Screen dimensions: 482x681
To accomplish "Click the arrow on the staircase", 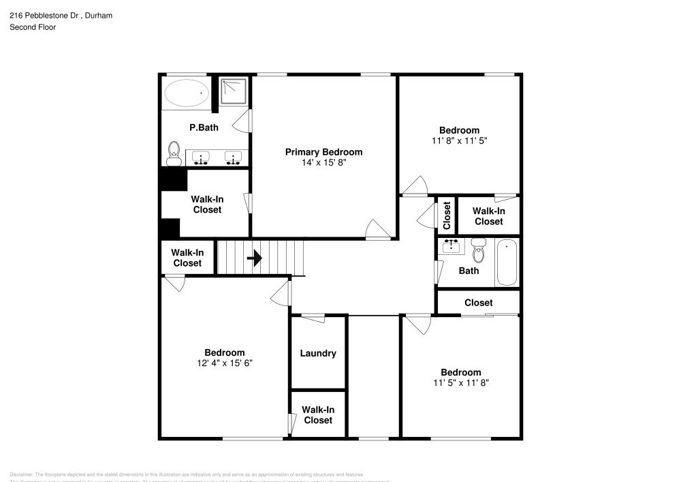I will [x=254, y=258].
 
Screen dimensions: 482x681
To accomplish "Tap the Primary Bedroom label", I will [x=323, y=152].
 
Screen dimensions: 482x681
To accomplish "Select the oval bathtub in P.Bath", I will [x=187, y=93].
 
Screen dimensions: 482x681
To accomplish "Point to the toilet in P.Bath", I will [x=174, y=152].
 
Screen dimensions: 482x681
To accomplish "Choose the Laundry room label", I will [x=318, y=353].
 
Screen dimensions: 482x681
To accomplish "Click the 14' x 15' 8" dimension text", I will [x=323, y=163].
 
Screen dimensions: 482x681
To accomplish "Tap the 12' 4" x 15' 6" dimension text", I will [x=225, y=363].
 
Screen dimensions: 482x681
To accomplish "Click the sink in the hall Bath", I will [x=450, y=246].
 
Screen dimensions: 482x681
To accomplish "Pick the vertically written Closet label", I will [x=447, y=215].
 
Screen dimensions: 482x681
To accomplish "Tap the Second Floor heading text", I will [x=33, y=27].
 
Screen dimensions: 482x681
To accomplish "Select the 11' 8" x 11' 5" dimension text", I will [x=459, y=140].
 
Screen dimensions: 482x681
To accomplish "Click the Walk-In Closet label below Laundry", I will [x=318, y=415].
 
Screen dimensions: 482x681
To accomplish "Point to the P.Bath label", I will [x=204, y=127].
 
